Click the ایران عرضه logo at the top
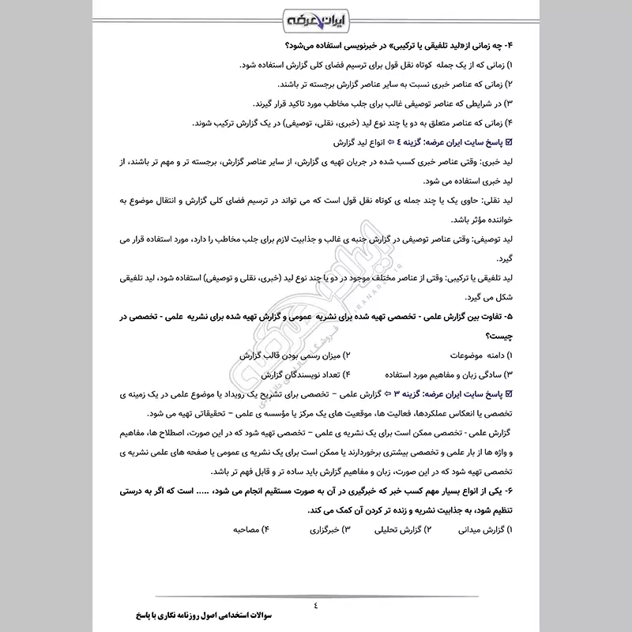coord(316,17)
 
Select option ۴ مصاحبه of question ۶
coord(250,530)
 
